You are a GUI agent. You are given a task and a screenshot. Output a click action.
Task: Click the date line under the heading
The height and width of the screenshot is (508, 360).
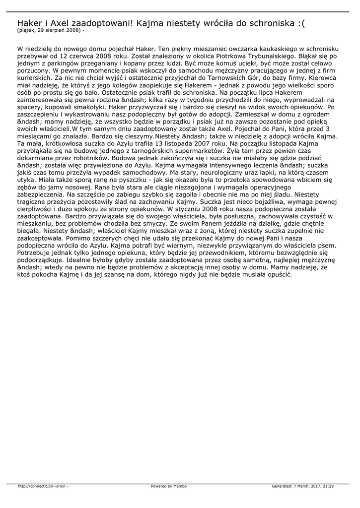tap(51, 30)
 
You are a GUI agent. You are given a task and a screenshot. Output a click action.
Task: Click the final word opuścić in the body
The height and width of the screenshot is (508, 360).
tap(279, 273)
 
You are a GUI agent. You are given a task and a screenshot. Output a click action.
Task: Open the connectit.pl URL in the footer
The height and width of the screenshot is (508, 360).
tap(43, 486)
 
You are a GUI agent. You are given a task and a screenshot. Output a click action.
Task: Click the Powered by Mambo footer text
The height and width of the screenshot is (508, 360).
tap(169, 486)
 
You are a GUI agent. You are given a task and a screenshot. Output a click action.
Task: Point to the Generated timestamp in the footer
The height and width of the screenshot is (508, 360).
tap(302, 486)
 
